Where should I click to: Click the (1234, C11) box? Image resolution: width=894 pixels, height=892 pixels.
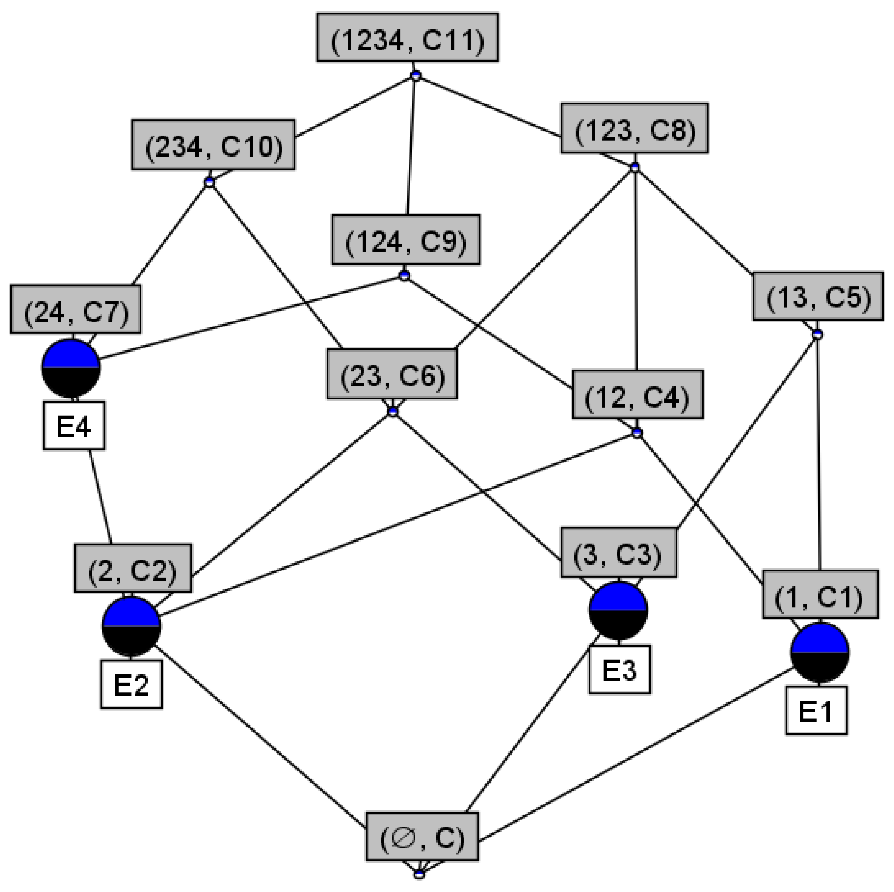pyautogui.click(x=407, y=38)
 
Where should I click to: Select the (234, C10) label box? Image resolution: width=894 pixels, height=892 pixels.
pyautogui.click(x=213, y=145)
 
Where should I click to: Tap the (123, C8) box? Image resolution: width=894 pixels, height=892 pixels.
pyautogui.click(x=634, y=128)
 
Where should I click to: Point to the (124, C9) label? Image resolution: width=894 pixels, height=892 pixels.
pyautogui.click(x=406, y=239)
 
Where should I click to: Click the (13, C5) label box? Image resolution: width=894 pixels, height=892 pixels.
pyautogui.click(x=818, y=296)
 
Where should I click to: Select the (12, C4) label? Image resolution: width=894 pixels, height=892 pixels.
pyautogui.click(x=638, y=394)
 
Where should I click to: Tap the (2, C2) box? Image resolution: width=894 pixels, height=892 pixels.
pyautogui.click(x=133, y=568)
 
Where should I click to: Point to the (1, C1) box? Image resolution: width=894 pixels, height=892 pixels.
pyautogui.click(x=820, y=594)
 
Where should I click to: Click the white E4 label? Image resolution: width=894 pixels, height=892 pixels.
pyautogui.click(x=74, y=425)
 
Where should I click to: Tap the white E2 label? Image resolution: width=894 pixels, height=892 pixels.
pyautogui.click(x=131, y=684)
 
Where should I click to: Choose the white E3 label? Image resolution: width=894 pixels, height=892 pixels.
pyautogui.click(x=620, y=669)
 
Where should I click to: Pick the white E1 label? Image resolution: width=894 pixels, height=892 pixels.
pyautogui.click(x=816, y=711)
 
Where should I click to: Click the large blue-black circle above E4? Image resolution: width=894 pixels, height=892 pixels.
pyautogui.click(x=71, y=368)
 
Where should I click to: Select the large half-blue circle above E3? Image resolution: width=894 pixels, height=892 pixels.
pyautogui.click(x=618, y=610)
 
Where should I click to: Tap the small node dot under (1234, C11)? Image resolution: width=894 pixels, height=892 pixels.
pyautogui.click(x=416, y=75)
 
